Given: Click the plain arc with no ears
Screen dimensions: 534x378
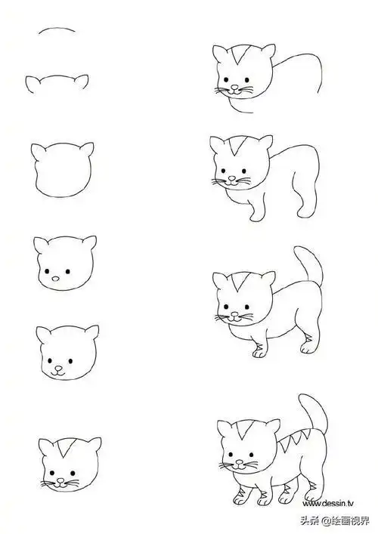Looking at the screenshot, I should pyautogui.click(x=57, y=31).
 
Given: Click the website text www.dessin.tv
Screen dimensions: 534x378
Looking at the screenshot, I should pyautogui.click(x=330, y=502).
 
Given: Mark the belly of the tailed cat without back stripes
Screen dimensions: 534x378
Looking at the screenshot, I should pyautogui.click(x=273, y=332).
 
